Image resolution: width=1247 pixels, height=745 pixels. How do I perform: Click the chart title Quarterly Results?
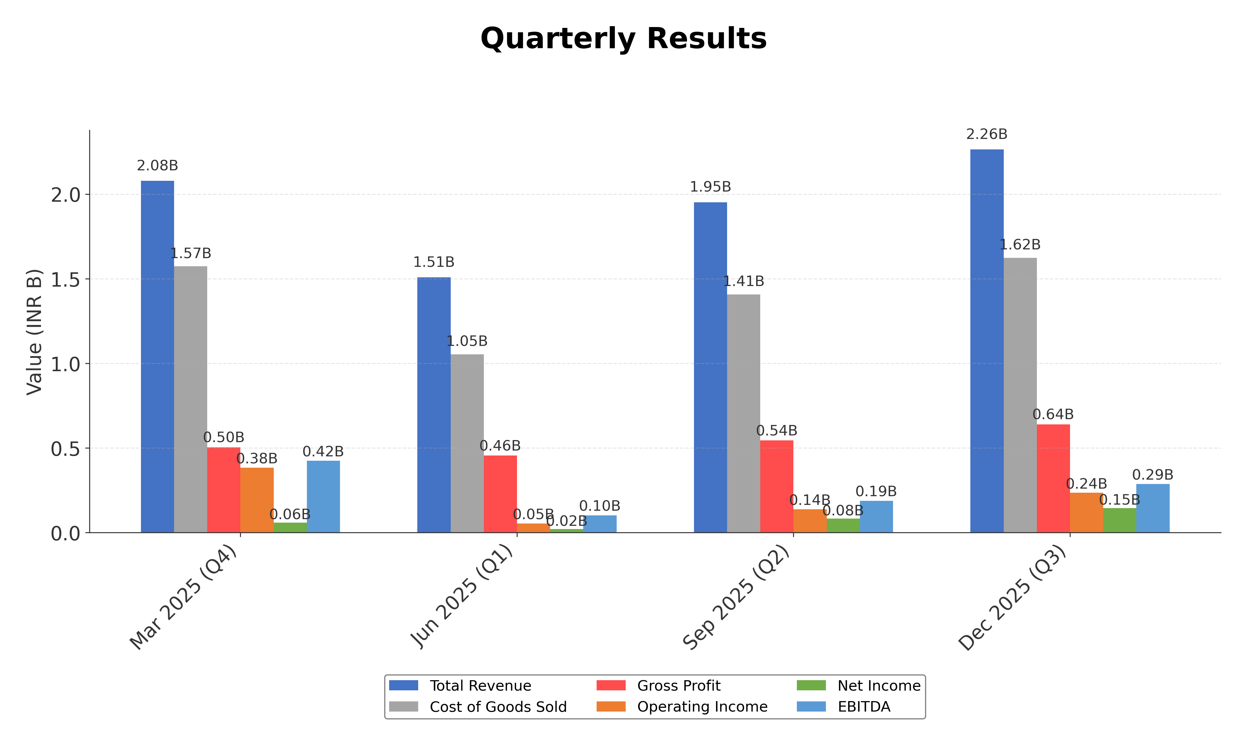pyautogui.click(x=623, y=39)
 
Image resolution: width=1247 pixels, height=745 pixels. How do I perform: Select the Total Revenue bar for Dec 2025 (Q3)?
pyautogui.click(x=987, y=341)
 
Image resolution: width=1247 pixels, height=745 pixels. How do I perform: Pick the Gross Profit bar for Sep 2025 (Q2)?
pyautogui.click(x=776, y=487)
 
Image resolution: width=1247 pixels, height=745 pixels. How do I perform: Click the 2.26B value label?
pyautogui.click(x=987, y=135)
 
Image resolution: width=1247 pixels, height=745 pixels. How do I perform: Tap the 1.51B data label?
pyautogui.click(x=434, y=262)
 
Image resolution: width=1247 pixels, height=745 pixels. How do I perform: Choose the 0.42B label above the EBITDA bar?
pyautogui.click(x=323, y=452)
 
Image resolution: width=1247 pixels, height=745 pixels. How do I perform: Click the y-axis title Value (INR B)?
pyautogui.click(x=34, y=332)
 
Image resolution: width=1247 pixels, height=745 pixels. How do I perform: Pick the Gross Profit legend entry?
pyautogui.click(x=679, y=686)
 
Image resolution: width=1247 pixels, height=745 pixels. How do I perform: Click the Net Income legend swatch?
pyautogui.click(x=811, y=686)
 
